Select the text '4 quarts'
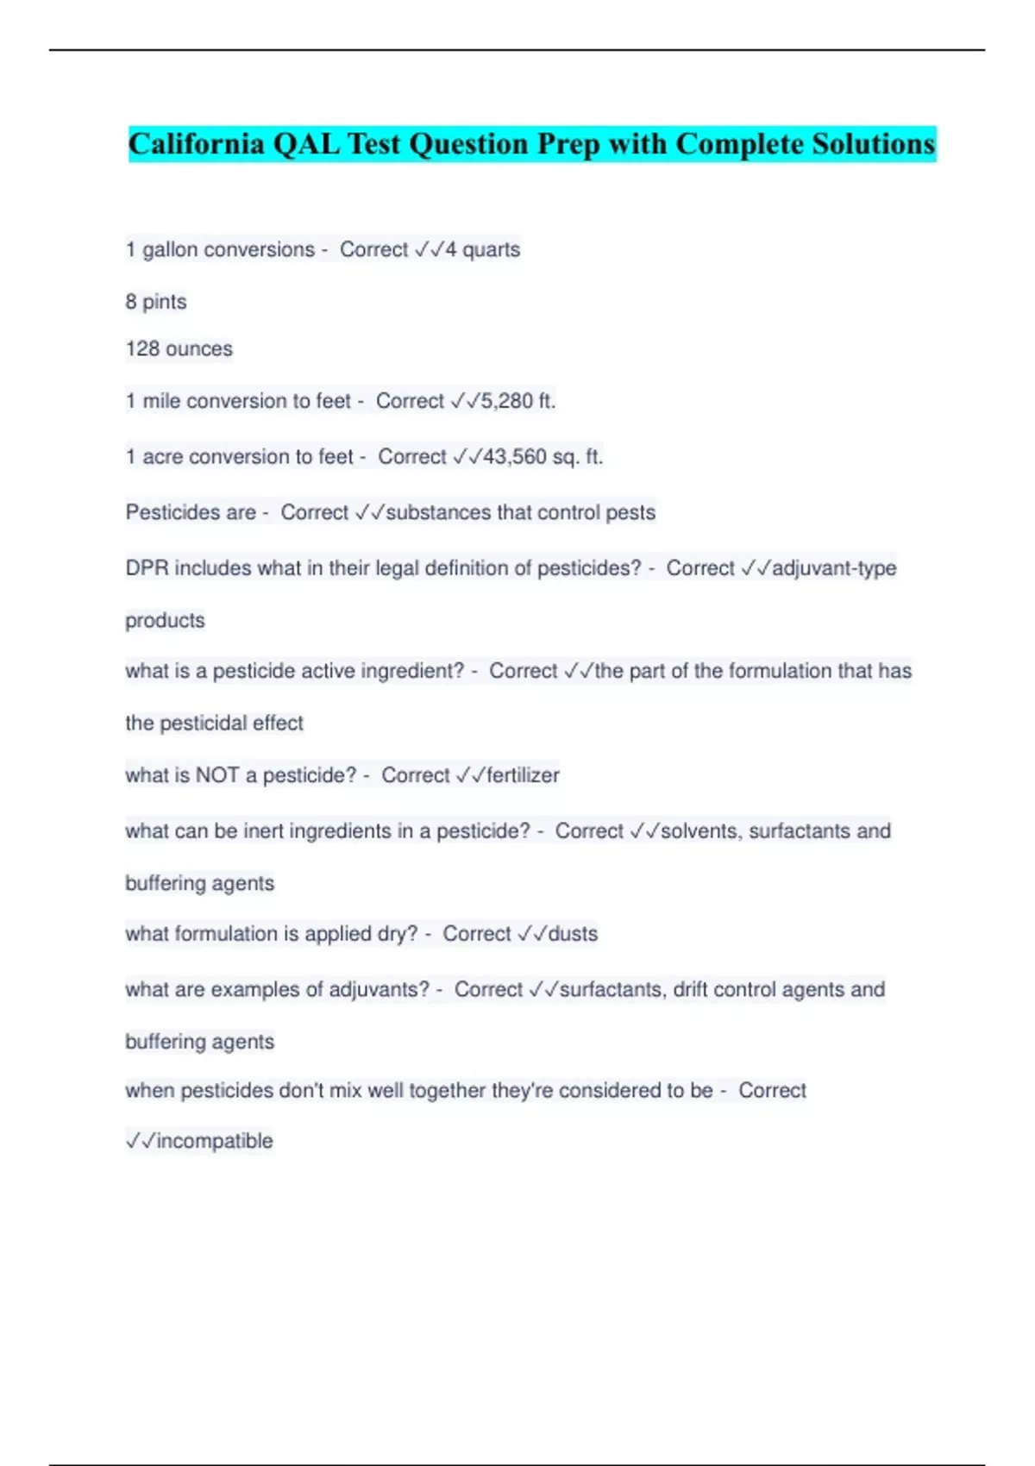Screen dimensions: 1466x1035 coord(483,250)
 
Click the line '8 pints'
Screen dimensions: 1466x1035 coord(156,302)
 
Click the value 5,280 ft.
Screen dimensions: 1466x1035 coord(518,401)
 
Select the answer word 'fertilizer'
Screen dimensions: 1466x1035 coord(523,775)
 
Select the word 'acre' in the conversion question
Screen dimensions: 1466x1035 coord(162,457)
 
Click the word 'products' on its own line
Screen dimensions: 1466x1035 coord(166,621)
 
